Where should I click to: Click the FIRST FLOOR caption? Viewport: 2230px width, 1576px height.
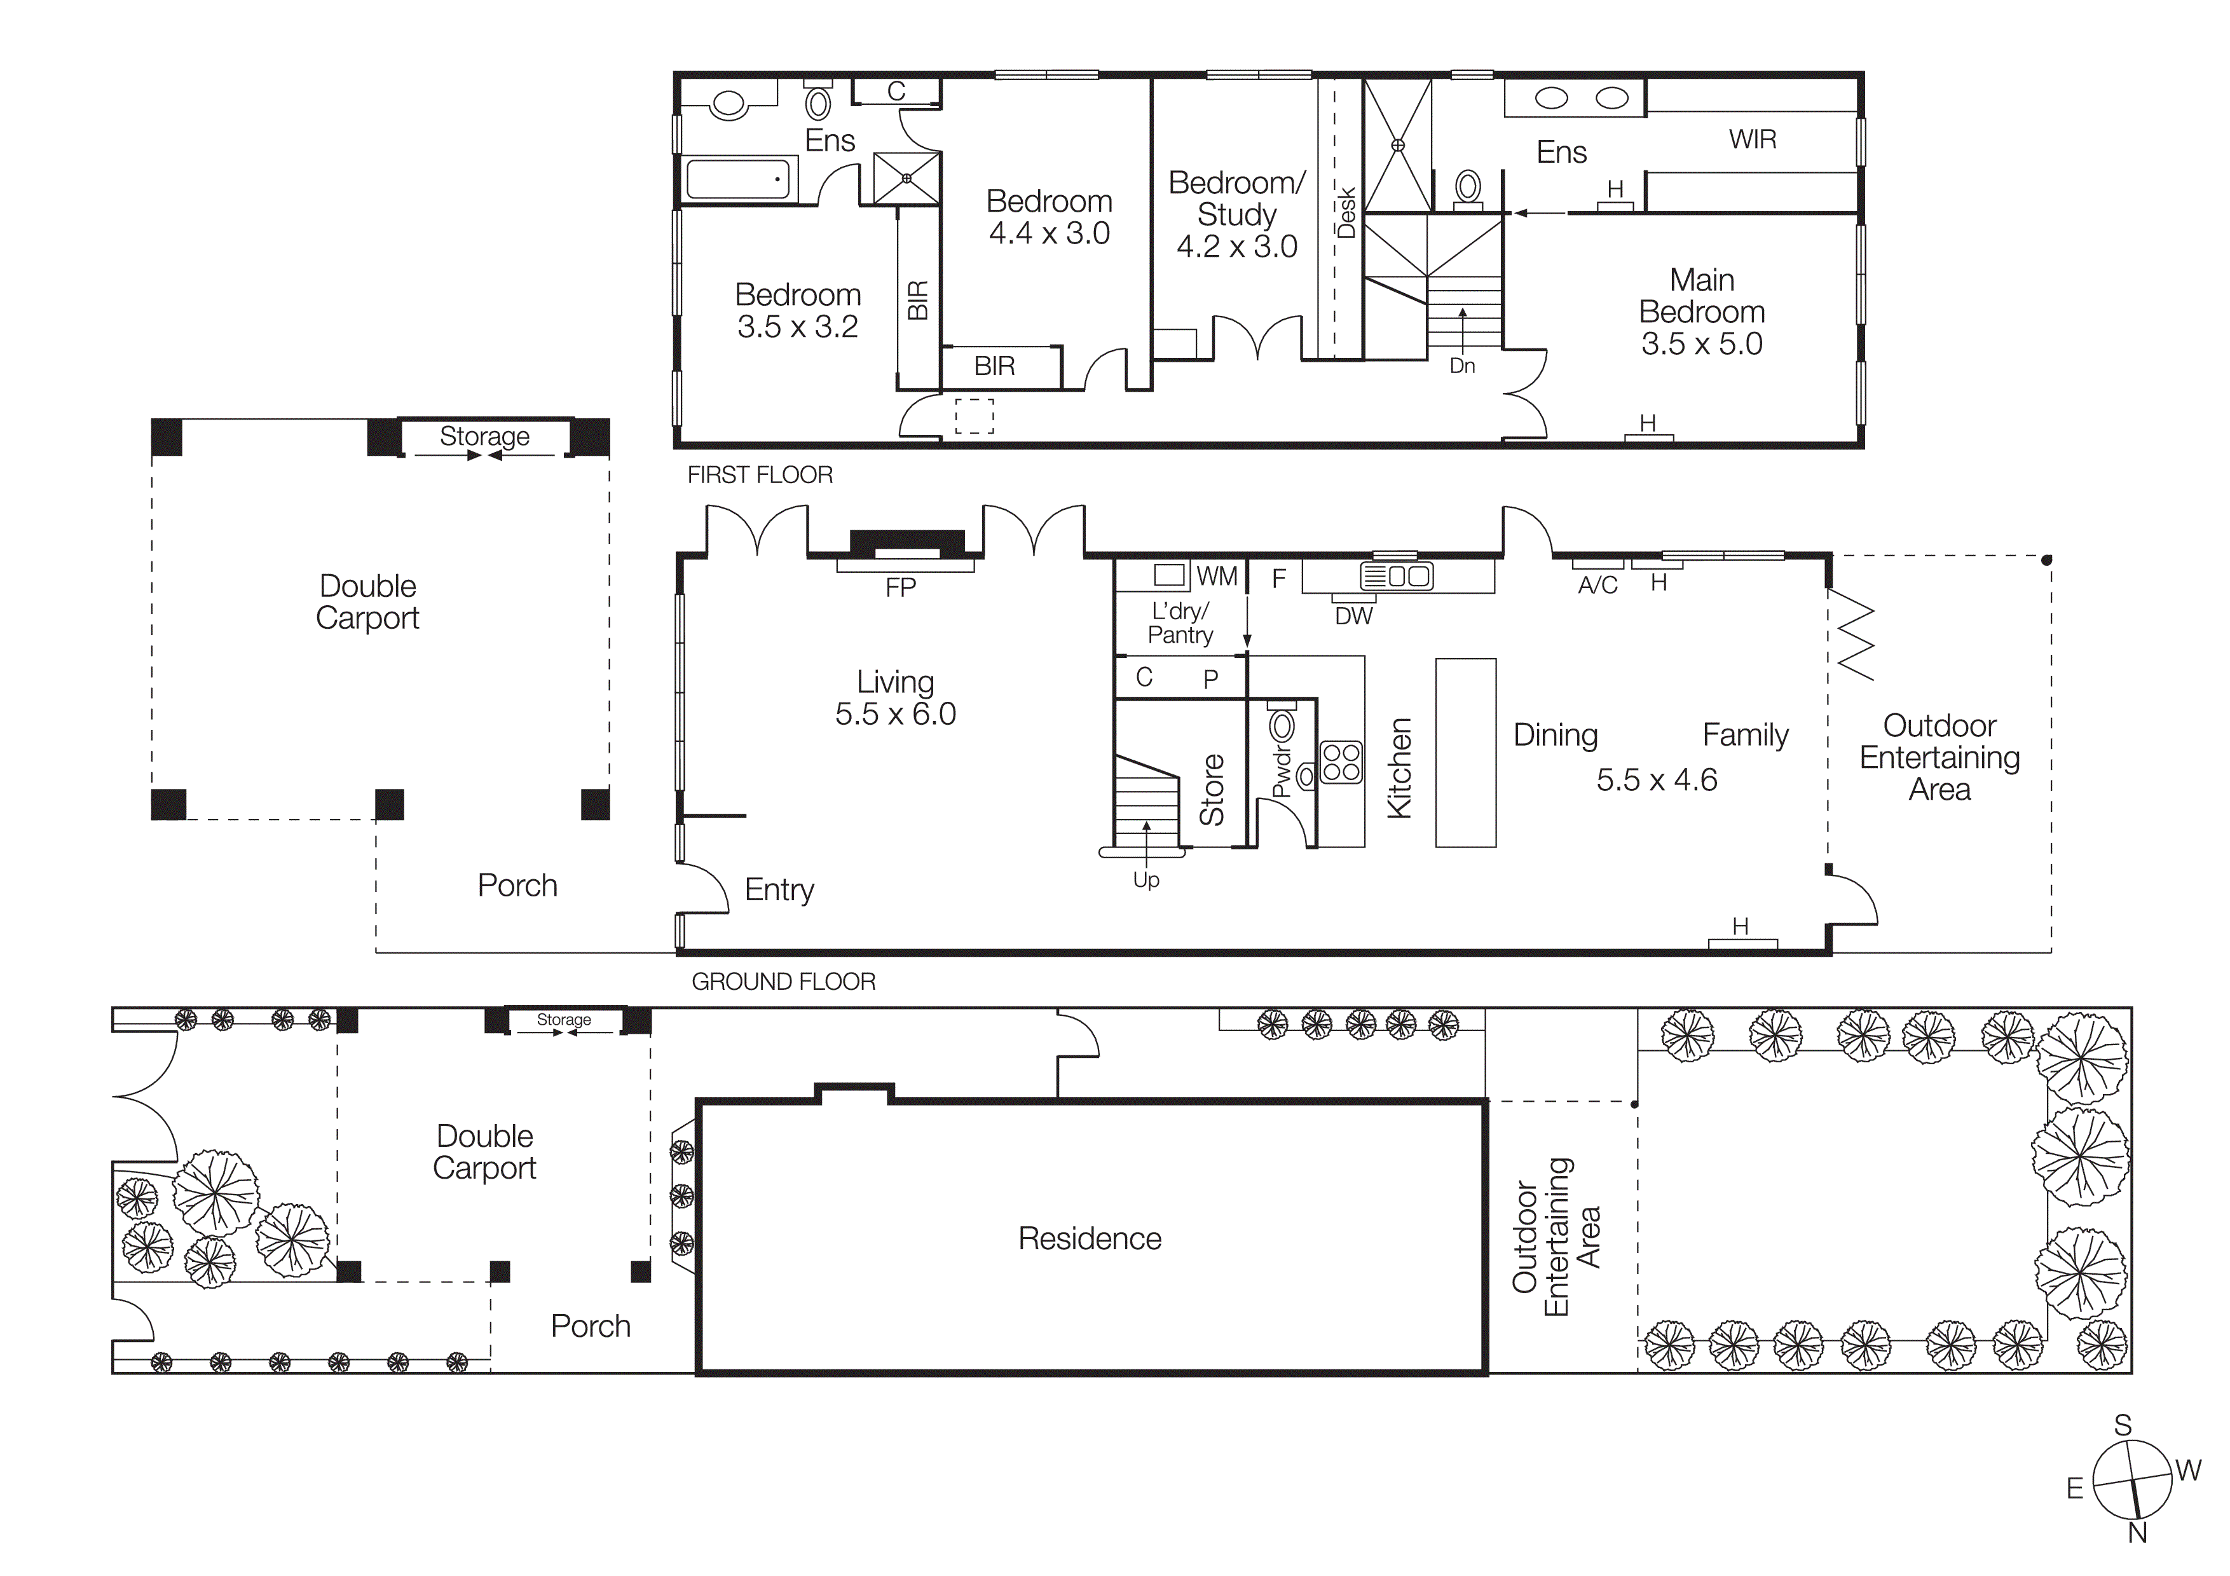pos(760,475)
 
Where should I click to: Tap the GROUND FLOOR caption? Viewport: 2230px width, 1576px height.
pos(783,982)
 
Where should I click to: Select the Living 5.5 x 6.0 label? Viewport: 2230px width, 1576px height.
pos(894,698)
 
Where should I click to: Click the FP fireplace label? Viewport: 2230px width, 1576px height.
pos(900,587)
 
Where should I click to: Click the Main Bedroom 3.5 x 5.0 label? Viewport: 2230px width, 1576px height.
pos(1702,312)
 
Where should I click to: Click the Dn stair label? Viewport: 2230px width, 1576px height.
pos(1461,366)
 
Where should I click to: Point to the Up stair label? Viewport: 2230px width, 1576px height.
pos(1146,880)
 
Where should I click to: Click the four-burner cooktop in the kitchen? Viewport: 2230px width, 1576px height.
pos(1341,762)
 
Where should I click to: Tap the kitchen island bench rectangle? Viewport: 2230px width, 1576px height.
pos(1466,753)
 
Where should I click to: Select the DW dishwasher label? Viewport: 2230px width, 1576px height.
pos(1353,615)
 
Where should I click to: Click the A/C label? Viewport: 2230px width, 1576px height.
pos(1597,586)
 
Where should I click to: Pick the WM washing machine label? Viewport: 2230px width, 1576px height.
pos(1217,577)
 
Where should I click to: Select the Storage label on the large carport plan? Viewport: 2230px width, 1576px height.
pos(484,436)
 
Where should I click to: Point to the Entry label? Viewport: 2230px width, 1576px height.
pos(779,889)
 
